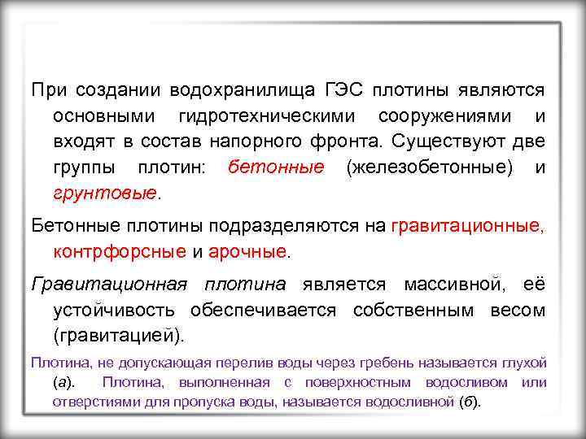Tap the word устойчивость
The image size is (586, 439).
click(x=117, y=310)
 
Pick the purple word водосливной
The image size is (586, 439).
click(x=415, y=402)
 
